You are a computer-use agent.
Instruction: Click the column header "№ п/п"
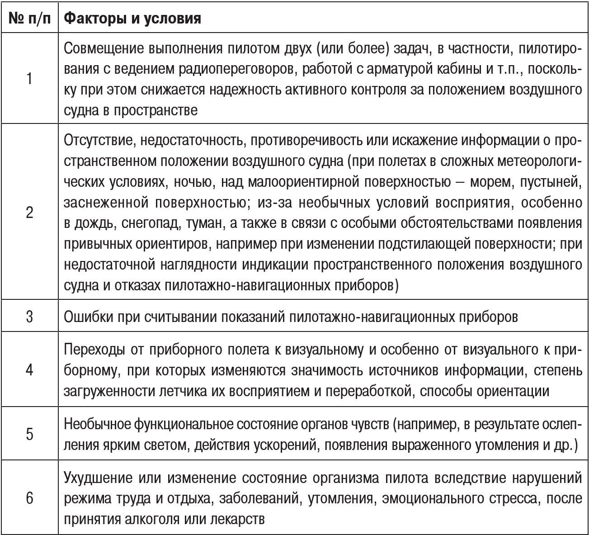pyautogui.click(x=29, y=19)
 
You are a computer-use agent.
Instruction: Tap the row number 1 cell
pyautogui.click(x=29, y=79)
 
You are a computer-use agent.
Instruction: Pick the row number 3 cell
pyautogui.click(x=29, y=316)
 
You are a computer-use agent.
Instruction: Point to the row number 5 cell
pyautogui.click(x=29, y=434)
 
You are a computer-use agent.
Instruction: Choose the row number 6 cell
pyautogui.click(x=29, y=498)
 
